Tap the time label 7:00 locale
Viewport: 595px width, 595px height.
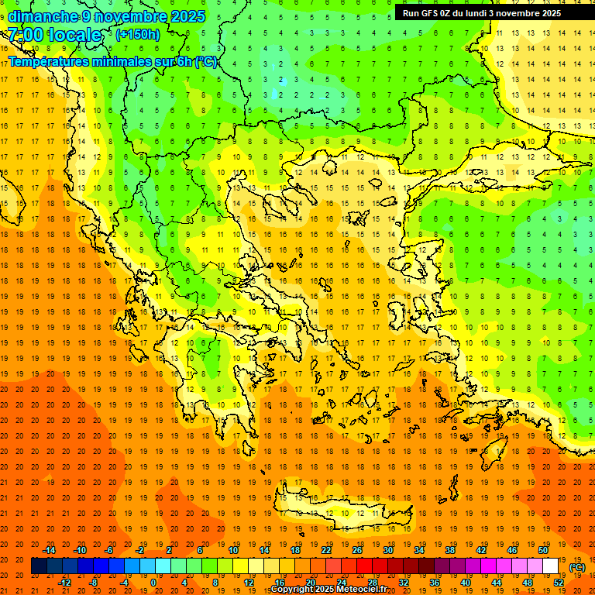(54, 35)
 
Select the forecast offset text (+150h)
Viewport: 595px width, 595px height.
(138, 35)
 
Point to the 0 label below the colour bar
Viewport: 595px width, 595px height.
(153, 582)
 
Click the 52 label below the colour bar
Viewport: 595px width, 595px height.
(559, 582)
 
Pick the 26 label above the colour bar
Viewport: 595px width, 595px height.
(357, 550)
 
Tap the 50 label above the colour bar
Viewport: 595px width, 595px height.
(543, 550)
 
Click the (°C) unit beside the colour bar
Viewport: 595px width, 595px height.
(577, 566)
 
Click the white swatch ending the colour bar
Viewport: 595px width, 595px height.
(550, 566)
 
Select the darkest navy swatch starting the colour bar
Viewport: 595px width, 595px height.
(39, 566)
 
